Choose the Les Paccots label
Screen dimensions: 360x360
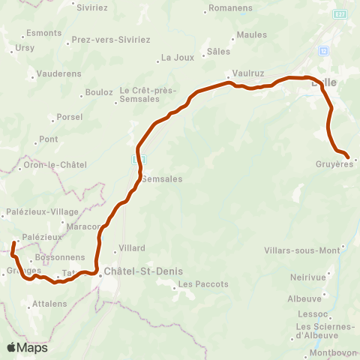point(199,284)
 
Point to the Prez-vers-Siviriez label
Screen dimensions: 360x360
point(110,39)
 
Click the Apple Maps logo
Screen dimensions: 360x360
point(27,347)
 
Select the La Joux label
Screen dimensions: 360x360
point(178,57)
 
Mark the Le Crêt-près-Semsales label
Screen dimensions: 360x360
point(148,95)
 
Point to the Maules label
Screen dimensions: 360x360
point(251,34)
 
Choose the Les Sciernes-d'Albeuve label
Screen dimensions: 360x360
point(325,331)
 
